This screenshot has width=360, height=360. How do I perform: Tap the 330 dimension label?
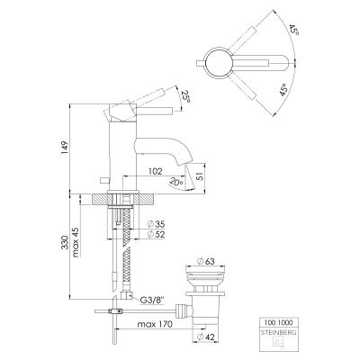[x=65, y=243]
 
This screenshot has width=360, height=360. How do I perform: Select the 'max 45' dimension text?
[x=76, y=241]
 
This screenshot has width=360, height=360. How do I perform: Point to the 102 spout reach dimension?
[x=156, y=171]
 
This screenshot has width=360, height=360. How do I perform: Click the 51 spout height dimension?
[x=201, y=175]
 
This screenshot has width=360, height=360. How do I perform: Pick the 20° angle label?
[x=176, y=182]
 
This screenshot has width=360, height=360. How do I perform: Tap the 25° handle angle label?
[x=186, y=96]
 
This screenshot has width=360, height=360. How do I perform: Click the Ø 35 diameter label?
[x=157, y=224]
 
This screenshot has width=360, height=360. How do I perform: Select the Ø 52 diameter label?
[x=157, y=234]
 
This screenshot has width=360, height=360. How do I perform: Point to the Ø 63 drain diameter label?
[x=206, y=261]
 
